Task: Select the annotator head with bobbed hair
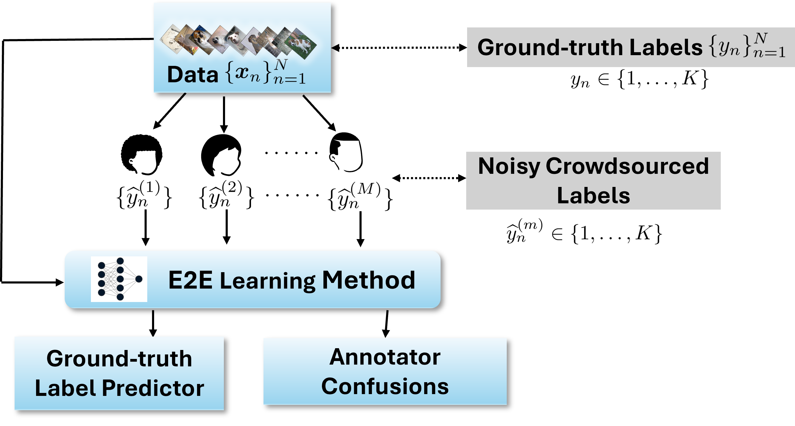point(221,155)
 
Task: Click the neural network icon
point(119,279)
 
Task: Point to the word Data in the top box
point(193,75)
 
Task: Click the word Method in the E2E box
point(369,280)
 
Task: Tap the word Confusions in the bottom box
point(385,386)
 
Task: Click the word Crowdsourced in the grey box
point(627,166)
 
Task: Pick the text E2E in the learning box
point(190,280)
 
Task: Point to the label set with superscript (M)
point(360,196)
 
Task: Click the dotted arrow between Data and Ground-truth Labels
point(399,47)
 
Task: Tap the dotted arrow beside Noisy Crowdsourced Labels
point(429,178)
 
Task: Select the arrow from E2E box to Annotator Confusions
point(386,324)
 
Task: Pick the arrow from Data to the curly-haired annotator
point(169,111)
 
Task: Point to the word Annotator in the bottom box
point(385,357)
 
